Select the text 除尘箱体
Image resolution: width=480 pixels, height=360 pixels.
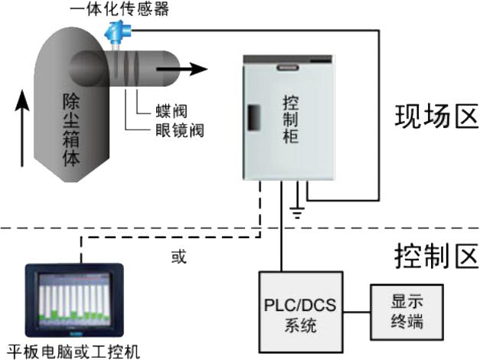(71, 126)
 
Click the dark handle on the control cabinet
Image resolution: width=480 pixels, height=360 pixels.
(250, 116)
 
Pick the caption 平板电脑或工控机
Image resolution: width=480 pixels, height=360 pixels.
(73, 351)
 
